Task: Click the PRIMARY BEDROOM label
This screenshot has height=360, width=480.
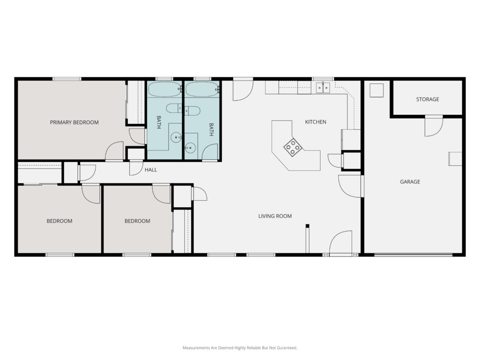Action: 74,122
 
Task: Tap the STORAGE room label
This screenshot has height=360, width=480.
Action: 427,99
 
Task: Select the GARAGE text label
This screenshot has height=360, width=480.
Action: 410,181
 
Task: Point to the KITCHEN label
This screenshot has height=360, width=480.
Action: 315,122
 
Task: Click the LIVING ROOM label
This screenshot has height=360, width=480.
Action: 275,216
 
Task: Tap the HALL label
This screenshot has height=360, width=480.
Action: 150,170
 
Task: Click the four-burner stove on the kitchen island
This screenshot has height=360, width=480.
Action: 293,148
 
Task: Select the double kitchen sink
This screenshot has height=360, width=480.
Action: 323,88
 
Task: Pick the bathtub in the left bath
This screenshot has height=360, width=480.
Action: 165,90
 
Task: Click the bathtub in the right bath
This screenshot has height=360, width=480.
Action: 202,90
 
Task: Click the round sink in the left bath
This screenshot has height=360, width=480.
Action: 176,137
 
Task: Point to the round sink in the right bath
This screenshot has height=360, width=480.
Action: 190,148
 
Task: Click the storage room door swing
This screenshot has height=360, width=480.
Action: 434,126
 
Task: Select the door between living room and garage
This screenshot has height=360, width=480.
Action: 351,186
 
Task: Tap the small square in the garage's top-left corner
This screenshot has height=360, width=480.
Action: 376,90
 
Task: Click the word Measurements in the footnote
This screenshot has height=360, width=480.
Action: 196,348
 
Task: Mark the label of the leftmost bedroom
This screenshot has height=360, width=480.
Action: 60,221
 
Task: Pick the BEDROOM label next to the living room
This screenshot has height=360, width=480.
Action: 137,221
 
